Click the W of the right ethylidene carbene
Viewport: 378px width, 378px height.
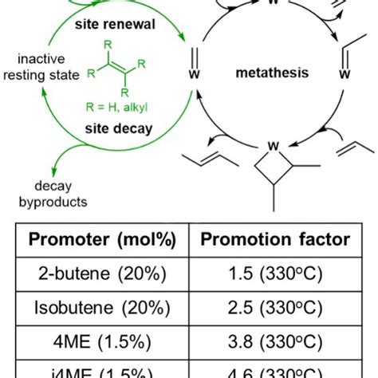coord(345,74)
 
